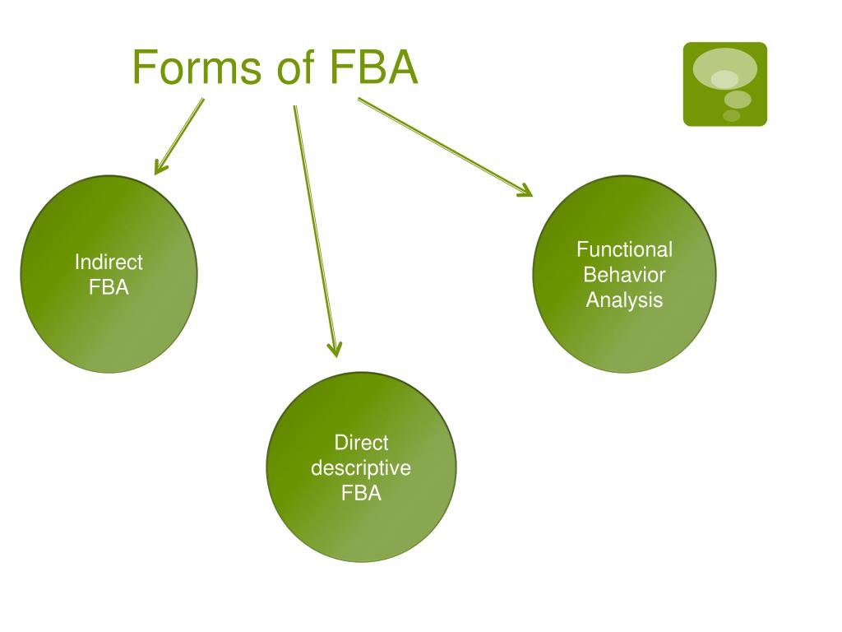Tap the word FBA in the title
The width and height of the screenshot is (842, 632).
[x=374, y=67]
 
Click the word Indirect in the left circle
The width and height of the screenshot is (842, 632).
[x=109, y=263]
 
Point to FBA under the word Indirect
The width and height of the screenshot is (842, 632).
[x=109, y=288]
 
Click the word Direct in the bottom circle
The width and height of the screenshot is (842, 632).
[x=361, y=443]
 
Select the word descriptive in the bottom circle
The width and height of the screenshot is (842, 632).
[x=361, y=468]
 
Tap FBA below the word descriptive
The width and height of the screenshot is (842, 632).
[x=361, y=494]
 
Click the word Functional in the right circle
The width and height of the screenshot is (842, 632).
[x=624, y=249]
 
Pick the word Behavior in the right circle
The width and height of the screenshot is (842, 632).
[x=624, y=275]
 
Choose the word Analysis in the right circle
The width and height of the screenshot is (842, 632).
[x=624, y=300]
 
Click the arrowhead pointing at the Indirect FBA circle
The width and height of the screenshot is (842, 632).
[x=160, y=168]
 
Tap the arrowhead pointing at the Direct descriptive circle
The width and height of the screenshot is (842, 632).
[x=334, y=349]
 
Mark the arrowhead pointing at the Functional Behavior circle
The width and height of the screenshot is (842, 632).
[x=525, y=192]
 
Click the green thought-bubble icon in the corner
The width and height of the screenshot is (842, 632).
[x=724, y=84]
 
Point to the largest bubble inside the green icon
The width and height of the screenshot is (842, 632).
[x=724, y=69]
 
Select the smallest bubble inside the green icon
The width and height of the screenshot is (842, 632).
[x=731, y=116]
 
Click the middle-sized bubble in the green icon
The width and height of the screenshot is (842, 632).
[x=738, y=100]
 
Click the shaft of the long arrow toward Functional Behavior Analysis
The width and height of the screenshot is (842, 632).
[x=440, y=145]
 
